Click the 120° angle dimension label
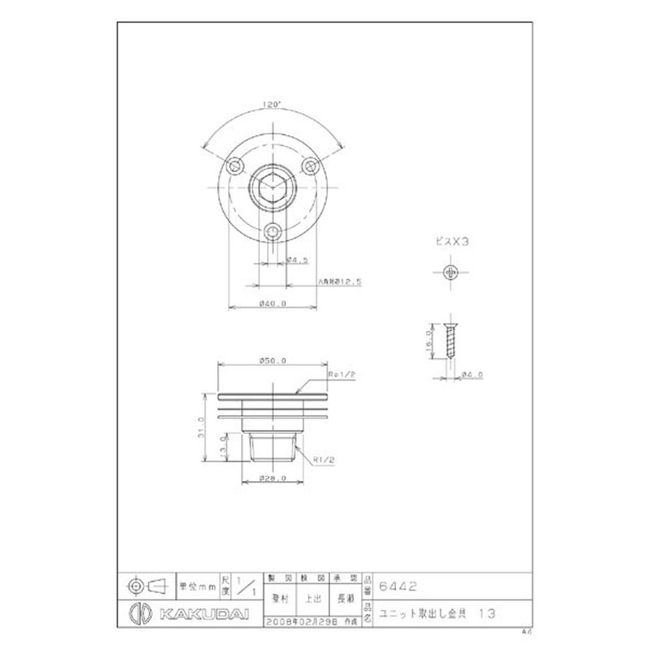click(x=271, y=105)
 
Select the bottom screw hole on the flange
click(x=273, y=232)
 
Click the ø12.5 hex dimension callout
click(x=338, y=282)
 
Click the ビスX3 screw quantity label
click(x=452, y=241)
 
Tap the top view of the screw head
click(x=452, y=272)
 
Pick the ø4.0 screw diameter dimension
click(x=472, y=374)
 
